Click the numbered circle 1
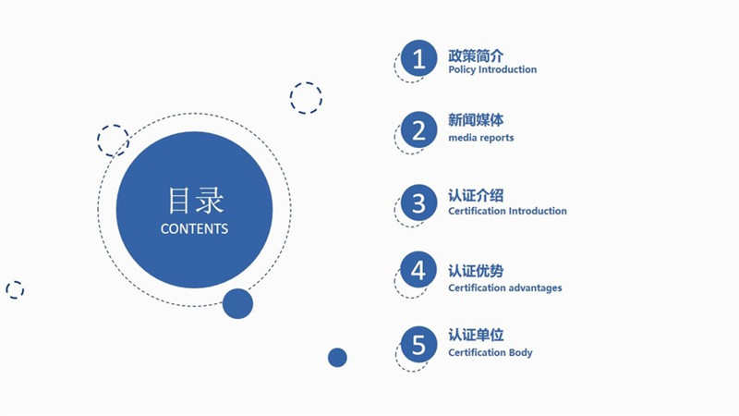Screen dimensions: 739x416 click(418, 58)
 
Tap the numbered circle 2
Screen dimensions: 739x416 click(418, 129)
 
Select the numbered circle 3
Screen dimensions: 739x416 click(418, 202)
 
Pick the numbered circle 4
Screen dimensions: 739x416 click(418, 270)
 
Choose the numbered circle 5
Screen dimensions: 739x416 click(418, 344)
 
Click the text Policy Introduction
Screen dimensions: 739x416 click(492, 69)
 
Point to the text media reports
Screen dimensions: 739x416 click(480, 138)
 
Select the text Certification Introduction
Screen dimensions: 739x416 click(507, 211)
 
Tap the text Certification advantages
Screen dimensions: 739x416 click(504, 288)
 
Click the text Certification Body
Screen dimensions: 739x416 click(491, 352)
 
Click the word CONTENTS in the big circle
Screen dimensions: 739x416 click(194, 228)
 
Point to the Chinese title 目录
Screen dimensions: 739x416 click(196, 200)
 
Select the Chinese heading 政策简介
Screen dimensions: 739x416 click(476, 55)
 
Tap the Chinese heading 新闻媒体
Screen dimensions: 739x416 click(476, 120)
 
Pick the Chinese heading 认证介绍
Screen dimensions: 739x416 click(476, 195)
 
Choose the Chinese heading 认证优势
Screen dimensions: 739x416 click(476, 271)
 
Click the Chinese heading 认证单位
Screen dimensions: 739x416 click(476, 335)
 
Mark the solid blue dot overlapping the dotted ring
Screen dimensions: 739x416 click(237, 304)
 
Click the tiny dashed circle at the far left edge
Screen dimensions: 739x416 click(15, 290)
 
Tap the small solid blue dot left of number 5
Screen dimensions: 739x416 click(337, 358)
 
